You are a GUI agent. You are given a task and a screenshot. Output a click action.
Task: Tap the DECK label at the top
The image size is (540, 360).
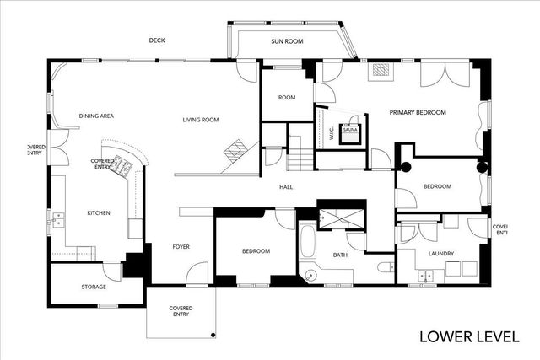[x=156, y=40]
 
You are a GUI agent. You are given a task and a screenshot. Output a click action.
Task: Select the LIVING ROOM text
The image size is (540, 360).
[x=201, y=120]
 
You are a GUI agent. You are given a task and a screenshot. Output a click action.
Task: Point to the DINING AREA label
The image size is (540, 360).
[x=96, y=116]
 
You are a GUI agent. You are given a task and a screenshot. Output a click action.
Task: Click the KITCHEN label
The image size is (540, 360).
[x=99, y=212]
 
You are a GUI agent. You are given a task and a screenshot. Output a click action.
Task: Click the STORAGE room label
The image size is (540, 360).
[x=94, y=287]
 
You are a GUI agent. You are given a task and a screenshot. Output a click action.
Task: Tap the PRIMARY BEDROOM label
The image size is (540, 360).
[x=417, y=112]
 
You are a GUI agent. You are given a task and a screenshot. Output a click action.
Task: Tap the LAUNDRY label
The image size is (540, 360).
[x=440, y=253]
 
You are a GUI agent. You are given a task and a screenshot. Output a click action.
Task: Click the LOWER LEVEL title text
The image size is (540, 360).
[x=469, y=336]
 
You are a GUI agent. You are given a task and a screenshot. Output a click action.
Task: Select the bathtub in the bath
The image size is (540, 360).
[x=307, y=242]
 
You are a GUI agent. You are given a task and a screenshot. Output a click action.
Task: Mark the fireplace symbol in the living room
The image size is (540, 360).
[x=235, y=151]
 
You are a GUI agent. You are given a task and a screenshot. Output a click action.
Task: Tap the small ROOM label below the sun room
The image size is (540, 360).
[x=287, y=98]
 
